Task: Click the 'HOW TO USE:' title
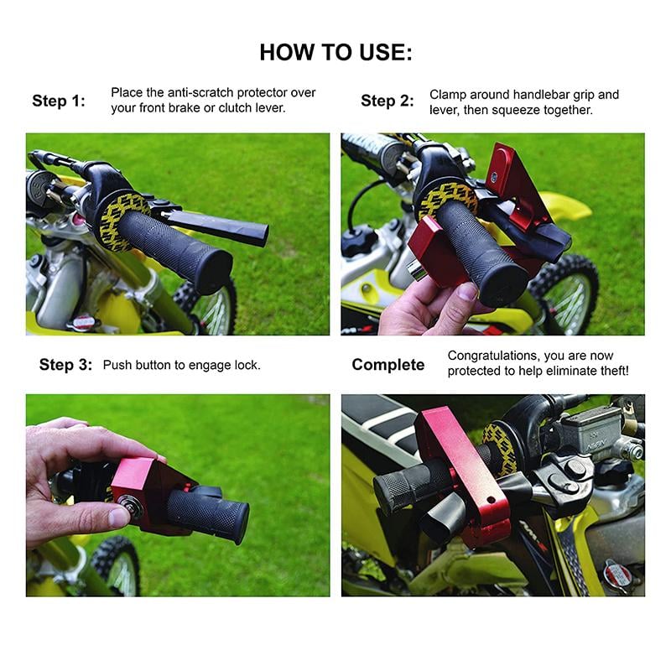pos(335,52)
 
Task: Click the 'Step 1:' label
pos(59,101)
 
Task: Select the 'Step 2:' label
pos(387,101)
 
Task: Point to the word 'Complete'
pos(388,365)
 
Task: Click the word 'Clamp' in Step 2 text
pos(448,95)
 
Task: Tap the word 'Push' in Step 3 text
pos(117,365)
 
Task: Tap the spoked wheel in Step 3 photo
pos(117,566)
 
